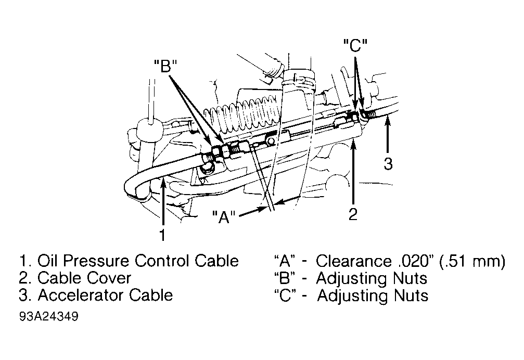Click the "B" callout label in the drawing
click(165, 66)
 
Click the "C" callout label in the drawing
click(355, 45)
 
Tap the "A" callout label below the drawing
click(224, 217)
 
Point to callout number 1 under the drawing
click(162, 235)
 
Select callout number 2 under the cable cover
click(353, 214)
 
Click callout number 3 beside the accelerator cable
click(388, 164)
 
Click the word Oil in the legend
click(46, 261)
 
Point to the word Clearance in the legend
click(353, 261)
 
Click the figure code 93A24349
click(49, 316)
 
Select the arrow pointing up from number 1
click(163, 202)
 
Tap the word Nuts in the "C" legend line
click(411, 295)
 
